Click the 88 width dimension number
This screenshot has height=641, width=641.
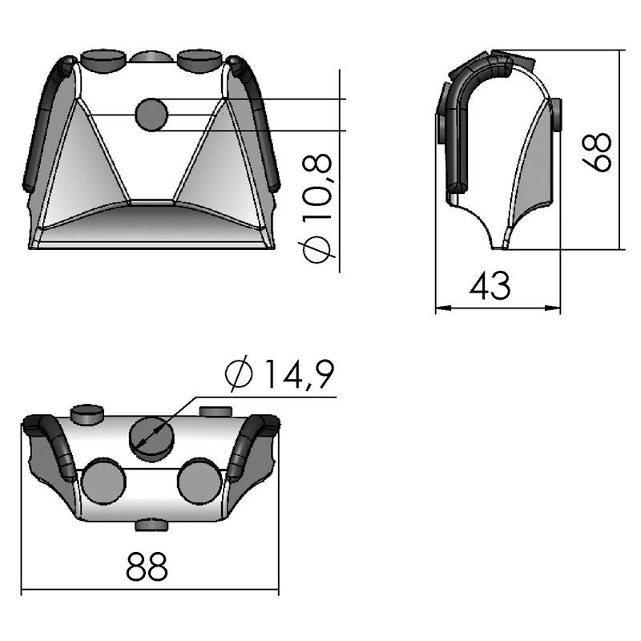(148, 568)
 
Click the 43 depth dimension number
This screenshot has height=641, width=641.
(490, 286)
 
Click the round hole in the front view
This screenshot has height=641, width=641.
(151, 115)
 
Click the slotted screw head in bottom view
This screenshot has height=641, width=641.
(150, 436)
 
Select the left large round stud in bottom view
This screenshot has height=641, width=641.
(104, 482)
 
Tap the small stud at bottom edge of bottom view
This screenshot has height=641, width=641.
(151, 526)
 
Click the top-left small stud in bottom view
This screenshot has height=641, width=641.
(88, 413)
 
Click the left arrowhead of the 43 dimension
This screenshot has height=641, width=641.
(440, 308)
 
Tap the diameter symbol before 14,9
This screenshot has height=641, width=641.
(239, 374)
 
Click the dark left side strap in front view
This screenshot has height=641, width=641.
(40, 120)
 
